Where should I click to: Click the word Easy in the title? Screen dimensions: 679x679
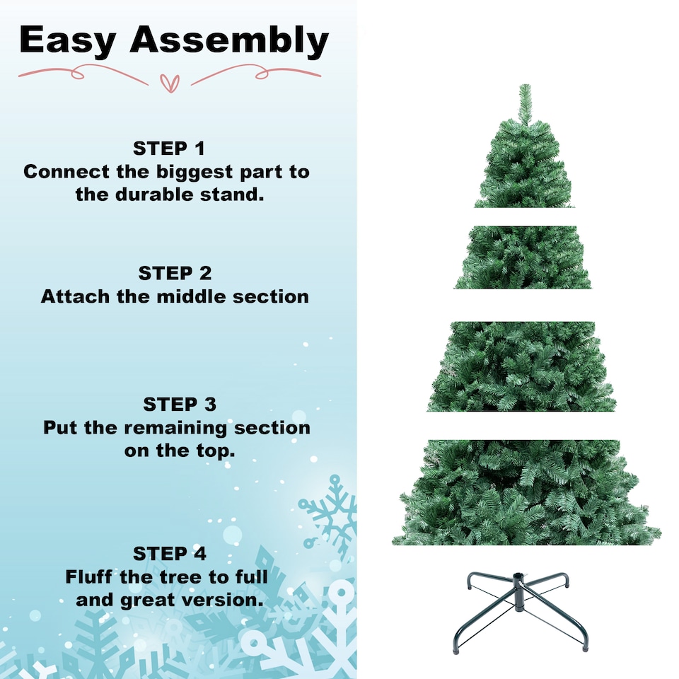(68, 40)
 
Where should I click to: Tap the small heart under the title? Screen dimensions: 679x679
(170, 81)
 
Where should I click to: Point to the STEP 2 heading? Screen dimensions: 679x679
(175, 273)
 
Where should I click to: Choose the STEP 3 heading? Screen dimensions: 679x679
(180, 405)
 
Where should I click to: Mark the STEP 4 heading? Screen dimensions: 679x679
(170, 553)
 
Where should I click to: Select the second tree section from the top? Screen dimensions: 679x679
(523, 257)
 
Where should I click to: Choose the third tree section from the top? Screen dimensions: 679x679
(522, 366)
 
